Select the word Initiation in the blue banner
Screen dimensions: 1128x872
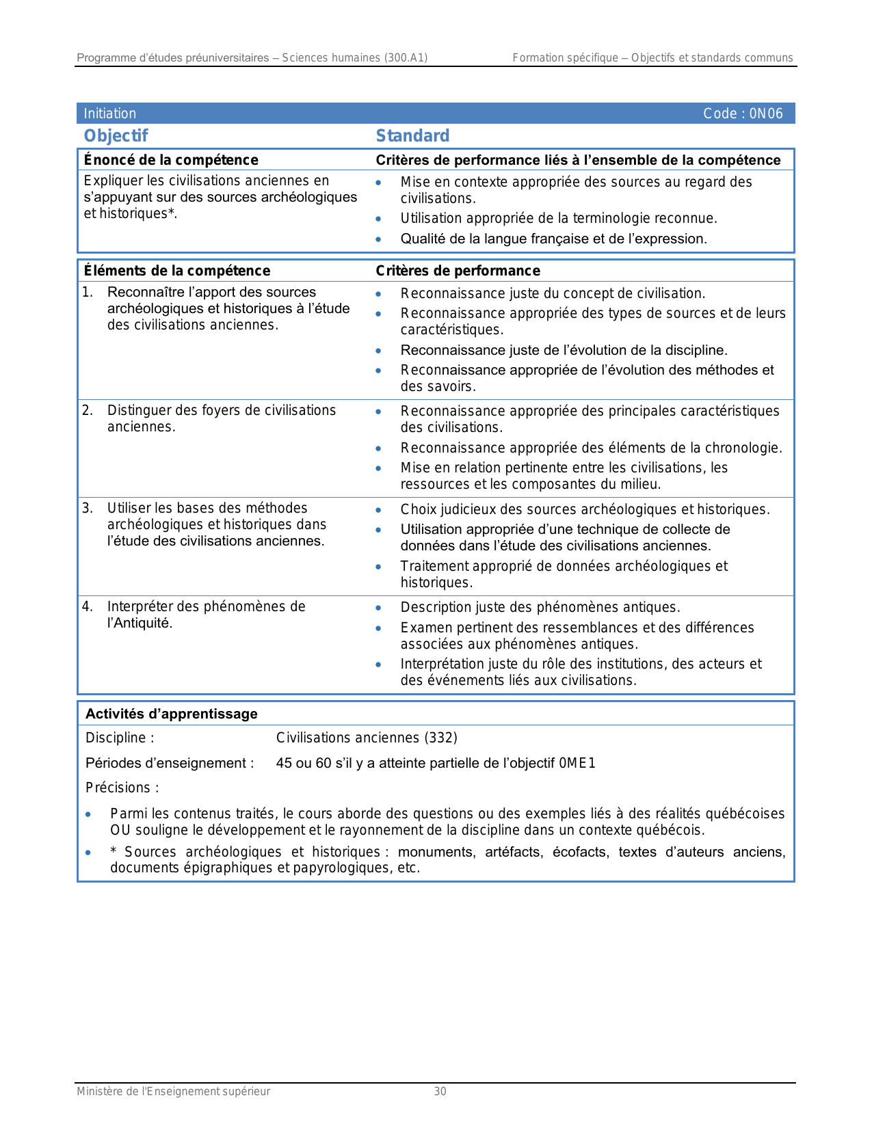110,113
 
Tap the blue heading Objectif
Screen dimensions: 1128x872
116,135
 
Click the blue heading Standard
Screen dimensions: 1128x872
412,135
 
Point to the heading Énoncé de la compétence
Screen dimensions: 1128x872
171,160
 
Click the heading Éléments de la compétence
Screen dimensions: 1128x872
177,271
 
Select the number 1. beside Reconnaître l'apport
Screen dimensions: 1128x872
88,293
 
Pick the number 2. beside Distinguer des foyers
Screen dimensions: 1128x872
88,410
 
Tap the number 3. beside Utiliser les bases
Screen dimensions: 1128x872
88,508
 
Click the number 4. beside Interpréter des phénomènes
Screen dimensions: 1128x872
88,606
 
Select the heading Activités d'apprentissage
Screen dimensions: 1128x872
172,714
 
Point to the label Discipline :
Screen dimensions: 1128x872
120,738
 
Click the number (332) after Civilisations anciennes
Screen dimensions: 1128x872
440,738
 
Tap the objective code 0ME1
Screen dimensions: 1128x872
577,763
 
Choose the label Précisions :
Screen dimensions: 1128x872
122,788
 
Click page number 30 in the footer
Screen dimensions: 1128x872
440,1091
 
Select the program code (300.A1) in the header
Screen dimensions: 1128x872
406,58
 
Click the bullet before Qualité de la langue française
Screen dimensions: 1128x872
378,239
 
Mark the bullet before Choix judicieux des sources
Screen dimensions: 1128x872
378,510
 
